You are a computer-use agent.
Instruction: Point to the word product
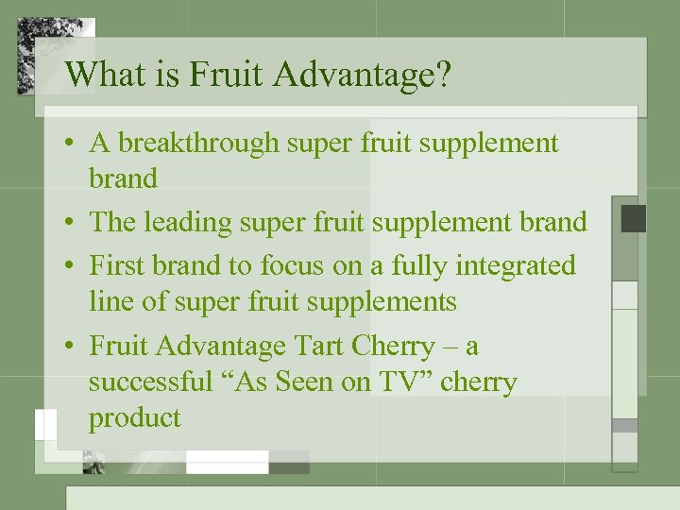pyautogui.click(x=134, y=418)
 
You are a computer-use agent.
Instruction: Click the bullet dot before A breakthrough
pyautogui.click(x=71, y=144)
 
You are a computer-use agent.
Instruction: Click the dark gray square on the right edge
pyautogui.click(x=634, y=218)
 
